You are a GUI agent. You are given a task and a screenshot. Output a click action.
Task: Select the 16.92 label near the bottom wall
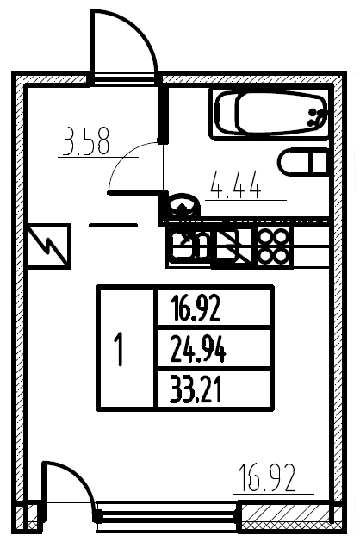(267, 477)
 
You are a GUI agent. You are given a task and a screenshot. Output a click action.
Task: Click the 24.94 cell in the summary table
(198, 350)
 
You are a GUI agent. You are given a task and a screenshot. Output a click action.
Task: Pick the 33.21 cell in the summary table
(196, 389)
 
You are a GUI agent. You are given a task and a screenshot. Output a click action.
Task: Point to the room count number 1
(120, 350)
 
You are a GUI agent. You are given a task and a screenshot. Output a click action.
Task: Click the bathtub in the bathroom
(270, 114)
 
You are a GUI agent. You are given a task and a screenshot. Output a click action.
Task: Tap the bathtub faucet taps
(316, 117)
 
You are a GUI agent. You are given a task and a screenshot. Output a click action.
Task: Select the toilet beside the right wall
(304, 161)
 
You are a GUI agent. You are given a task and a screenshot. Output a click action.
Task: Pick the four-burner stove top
(275, 246)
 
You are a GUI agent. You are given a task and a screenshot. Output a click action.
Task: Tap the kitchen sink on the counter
(190, 246)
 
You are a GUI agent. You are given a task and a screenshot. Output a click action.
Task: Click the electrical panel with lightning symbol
(48, 246)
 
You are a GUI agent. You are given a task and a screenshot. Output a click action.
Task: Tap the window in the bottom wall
(167, 516)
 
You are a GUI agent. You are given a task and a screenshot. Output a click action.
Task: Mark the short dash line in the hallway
(113, 226)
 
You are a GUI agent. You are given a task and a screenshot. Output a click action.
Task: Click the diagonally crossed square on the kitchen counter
(233, 246)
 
